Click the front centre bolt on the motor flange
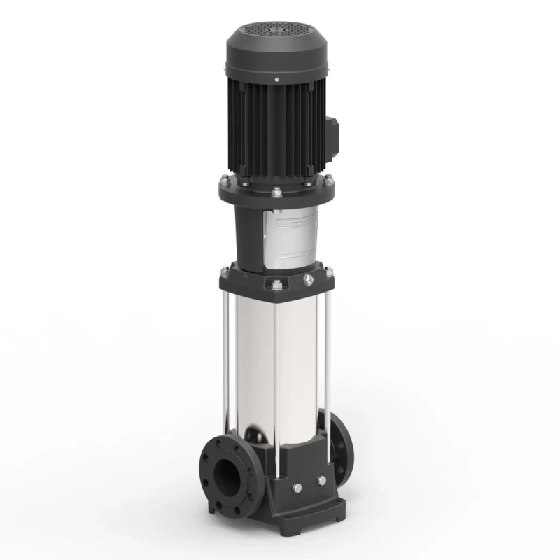click(x=274, y=192)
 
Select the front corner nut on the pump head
click(x=274, y=285)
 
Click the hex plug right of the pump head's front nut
click(x=306, y=281)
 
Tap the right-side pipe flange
click(x=341, y=448)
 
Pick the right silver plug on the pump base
click(x=321, y=480)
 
